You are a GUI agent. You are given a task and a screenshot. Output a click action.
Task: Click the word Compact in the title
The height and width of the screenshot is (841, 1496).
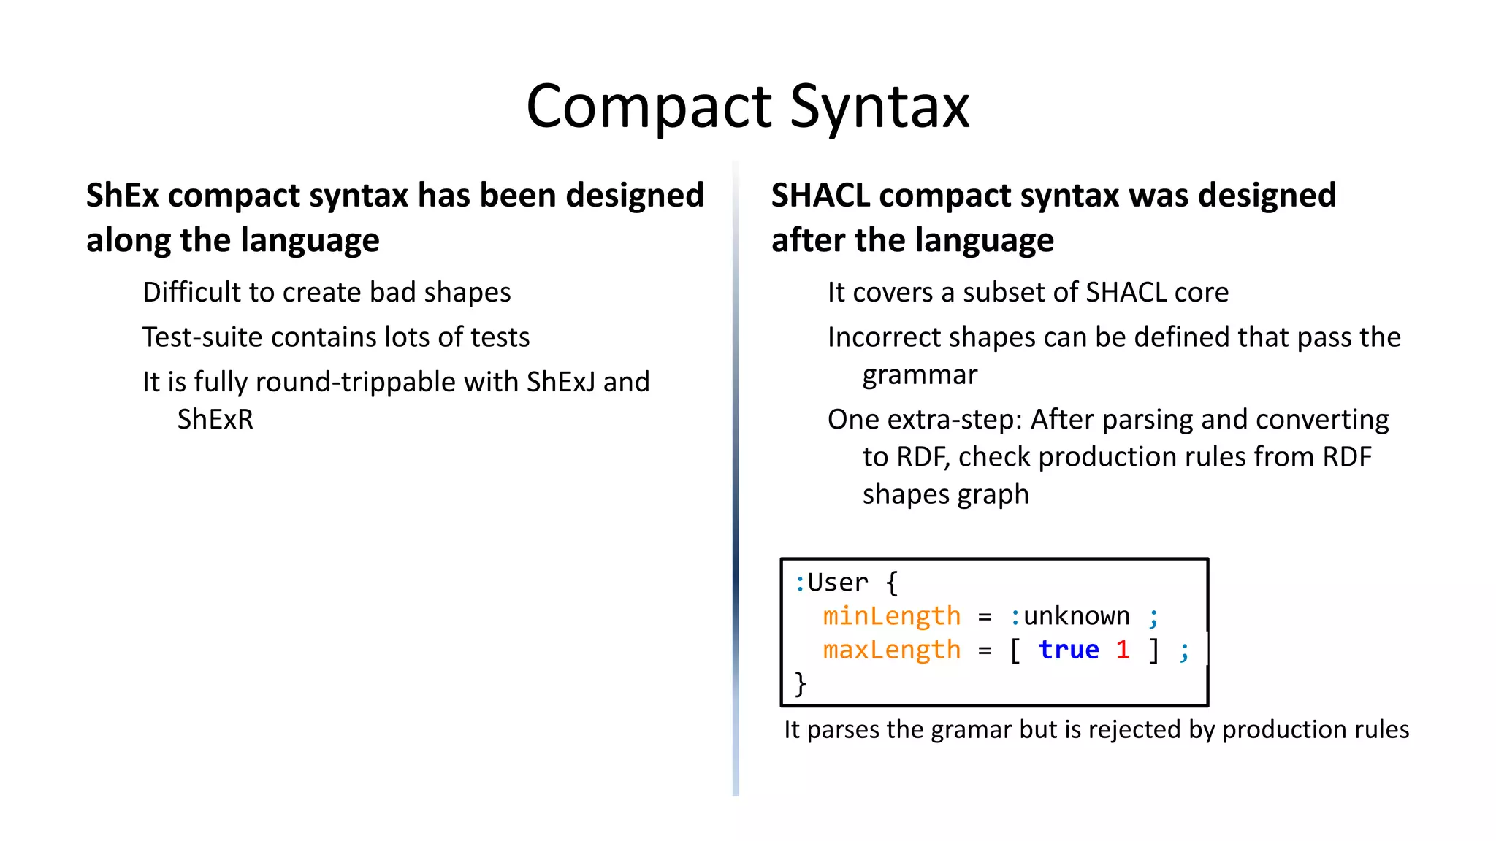click(x=649, y=108)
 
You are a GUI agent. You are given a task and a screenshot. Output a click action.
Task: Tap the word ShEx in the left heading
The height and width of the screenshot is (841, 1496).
click(x=122, y=196)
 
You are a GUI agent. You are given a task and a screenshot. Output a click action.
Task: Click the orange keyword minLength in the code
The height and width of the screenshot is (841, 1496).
click(x=891, y=617)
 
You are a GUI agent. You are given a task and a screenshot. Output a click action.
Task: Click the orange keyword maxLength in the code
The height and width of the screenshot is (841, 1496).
click(x=891, y=650)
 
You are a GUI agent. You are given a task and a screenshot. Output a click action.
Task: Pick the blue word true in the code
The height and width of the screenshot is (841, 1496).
click(x=1068, y=650)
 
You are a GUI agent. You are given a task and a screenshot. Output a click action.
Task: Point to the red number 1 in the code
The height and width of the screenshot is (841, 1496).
click(x=1123, y=650)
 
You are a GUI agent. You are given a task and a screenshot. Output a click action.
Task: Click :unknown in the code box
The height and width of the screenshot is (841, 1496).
click(x=1069, y=617)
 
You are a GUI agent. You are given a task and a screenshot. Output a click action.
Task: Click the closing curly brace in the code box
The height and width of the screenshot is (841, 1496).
click(x=801, y=684)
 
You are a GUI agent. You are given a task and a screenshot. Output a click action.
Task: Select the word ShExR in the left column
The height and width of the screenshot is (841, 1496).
click(x=215, y=420)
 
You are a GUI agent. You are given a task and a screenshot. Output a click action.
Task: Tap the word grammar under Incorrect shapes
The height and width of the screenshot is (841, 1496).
click(x=919, y=375)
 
